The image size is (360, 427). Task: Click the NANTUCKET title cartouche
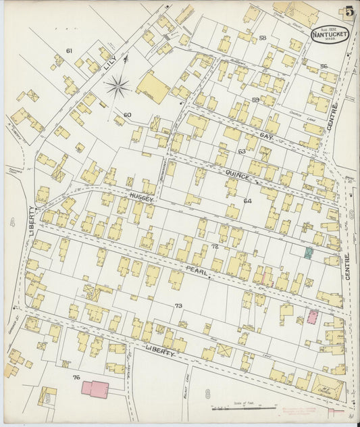point(330,34)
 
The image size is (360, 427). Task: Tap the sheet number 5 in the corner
point(349,11)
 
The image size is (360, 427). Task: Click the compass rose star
point(118,86)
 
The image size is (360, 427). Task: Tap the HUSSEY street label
point(143,200)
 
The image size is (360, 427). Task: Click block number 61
point(69,51)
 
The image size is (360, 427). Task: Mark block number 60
point(127,115)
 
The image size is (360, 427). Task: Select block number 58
point(262,38)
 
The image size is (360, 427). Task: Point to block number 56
point(324,66)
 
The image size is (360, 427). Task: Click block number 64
point(247,201)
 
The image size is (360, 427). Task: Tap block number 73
point(178,306)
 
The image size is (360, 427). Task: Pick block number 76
point(76,377)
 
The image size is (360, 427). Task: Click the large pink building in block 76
point(95,388)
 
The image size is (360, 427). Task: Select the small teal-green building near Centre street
point(308,253)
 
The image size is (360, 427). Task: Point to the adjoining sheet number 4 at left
point(12,221)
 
